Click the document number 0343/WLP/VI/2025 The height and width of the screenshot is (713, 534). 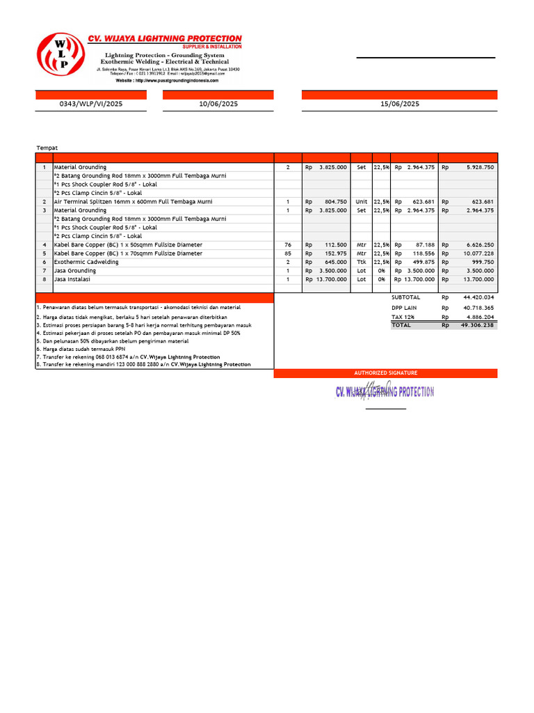click(91, 104)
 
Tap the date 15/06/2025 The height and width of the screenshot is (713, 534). click(400, 104)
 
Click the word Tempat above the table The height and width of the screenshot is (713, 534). click(47, 148)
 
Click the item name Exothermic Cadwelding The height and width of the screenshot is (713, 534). click(86, 262)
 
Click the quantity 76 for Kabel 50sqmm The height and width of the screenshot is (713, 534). click(288, 245)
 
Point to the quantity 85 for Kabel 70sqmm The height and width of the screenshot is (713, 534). click(288, 253)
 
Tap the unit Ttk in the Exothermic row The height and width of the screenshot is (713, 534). click(361, 262)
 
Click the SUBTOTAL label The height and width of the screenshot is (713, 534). click(405, 297)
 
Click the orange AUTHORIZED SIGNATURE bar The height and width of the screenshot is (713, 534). click(385, 373)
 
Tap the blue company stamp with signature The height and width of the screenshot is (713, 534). click(385, 391)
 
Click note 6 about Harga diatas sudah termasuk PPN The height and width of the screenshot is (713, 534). click(81, 349)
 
